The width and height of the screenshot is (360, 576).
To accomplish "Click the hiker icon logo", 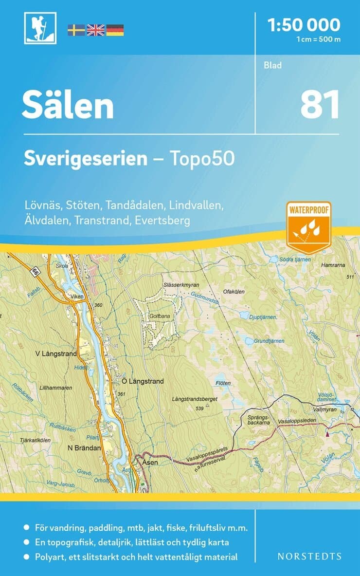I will [40, 28].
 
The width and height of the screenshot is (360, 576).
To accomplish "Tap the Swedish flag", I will [76, 30].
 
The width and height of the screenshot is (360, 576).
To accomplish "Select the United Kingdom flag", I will [95, 30].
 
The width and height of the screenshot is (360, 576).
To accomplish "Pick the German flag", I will [115, 30].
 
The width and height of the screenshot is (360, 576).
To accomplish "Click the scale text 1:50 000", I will [304, 24].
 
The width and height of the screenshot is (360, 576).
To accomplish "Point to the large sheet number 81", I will [319, 105].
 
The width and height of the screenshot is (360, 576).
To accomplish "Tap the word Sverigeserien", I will [86, 159].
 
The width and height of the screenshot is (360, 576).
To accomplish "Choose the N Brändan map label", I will [84, 447].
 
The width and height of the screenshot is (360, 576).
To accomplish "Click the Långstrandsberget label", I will [194, 399].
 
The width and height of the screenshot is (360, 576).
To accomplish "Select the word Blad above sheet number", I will [273, 65].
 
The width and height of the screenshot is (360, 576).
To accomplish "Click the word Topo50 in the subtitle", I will [202, 159].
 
